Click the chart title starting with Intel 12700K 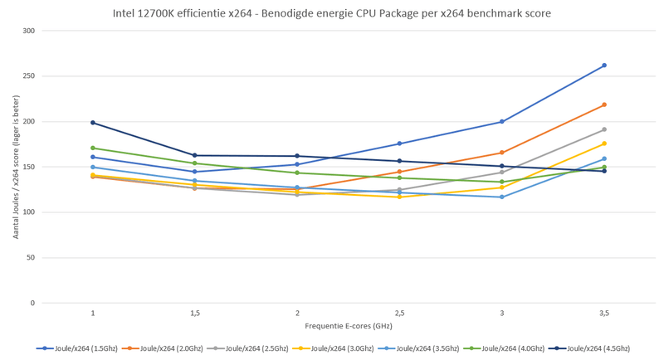(x=331, y=14)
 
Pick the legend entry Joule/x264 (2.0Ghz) (x=166, y=348)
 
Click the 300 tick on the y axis (x=29, y=31)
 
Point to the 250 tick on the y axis (x=29, y=76)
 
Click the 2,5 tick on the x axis (x=399, y=314)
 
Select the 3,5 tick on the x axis (x=604, y=314)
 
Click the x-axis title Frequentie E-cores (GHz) (x=348, y=327)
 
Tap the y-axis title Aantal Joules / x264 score (x=15, y=167)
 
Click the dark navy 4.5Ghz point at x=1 (x=93, y=123)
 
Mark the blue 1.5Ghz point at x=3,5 (x=604, y=66)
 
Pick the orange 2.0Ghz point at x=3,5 (x=604, y=105)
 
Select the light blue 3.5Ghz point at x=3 (x=502, y=197)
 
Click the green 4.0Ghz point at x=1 (x=93, y=148)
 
